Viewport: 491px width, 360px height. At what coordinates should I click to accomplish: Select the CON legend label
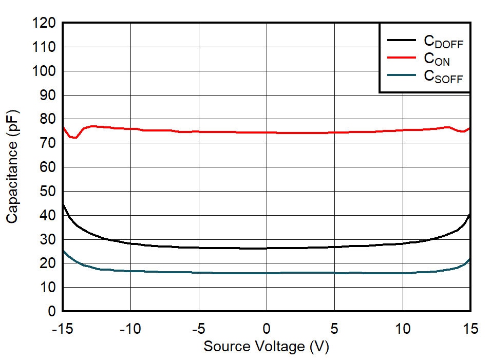tap(437, 60)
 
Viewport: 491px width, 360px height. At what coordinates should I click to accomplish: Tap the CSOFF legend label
tap(443, 77)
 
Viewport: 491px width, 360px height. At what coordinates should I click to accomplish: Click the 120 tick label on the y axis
tap(44, 23)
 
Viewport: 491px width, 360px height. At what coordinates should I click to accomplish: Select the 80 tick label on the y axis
tap(48, 119)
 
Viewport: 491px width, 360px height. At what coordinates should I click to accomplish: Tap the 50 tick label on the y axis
tap(48, 192)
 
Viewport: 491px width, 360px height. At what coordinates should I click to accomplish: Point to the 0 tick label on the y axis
tap(51, 311)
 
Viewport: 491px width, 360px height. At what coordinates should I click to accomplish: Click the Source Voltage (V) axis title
tap(266, 347)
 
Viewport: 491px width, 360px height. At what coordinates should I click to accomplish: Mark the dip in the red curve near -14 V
tap(74, 138)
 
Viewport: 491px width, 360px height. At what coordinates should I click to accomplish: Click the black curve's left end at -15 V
tap(63, 204)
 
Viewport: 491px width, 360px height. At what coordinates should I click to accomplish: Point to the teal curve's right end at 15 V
tap(469, 259)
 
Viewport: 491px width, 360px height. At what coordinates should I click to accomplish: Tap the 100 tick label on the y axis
tap(44, 71)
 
